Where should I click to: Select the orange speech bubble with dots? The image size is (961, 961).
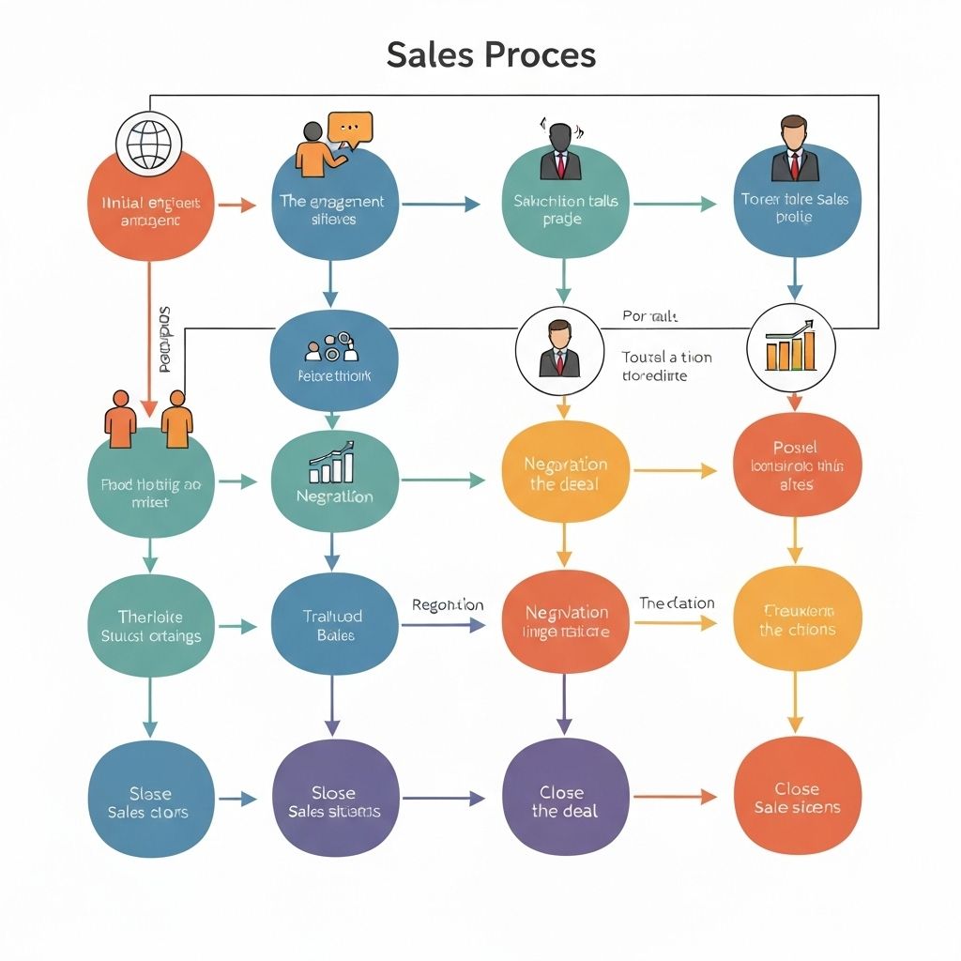(x=349, y=129)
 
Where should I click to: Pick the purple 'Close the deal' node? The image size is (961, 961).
(x=564, y=801)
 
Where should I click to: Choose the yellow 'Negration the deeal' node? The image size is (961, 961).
(x=565, y=473)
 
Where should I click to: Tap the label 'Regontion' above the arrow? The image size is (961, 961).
(x=448, y=605)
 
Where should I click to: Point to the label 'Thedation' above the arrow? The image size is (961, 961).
(x=677, y=603)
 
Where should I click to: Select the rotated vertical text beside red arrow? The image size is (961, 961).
(x=165, y=339)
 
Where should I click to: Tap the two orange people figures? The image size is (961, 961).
(x=148, y=419)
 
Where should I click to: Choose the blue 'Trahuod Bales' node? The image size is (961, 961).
(x=333, y=625)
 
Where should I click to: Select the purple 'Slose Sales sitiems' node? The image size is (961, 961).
(x=334, y=801)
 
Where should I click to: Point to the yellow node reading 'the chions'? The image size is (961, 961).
(x=797, y=620)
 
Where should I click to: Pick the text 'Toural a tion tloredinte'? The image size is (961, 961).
(x=666, y=366)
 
